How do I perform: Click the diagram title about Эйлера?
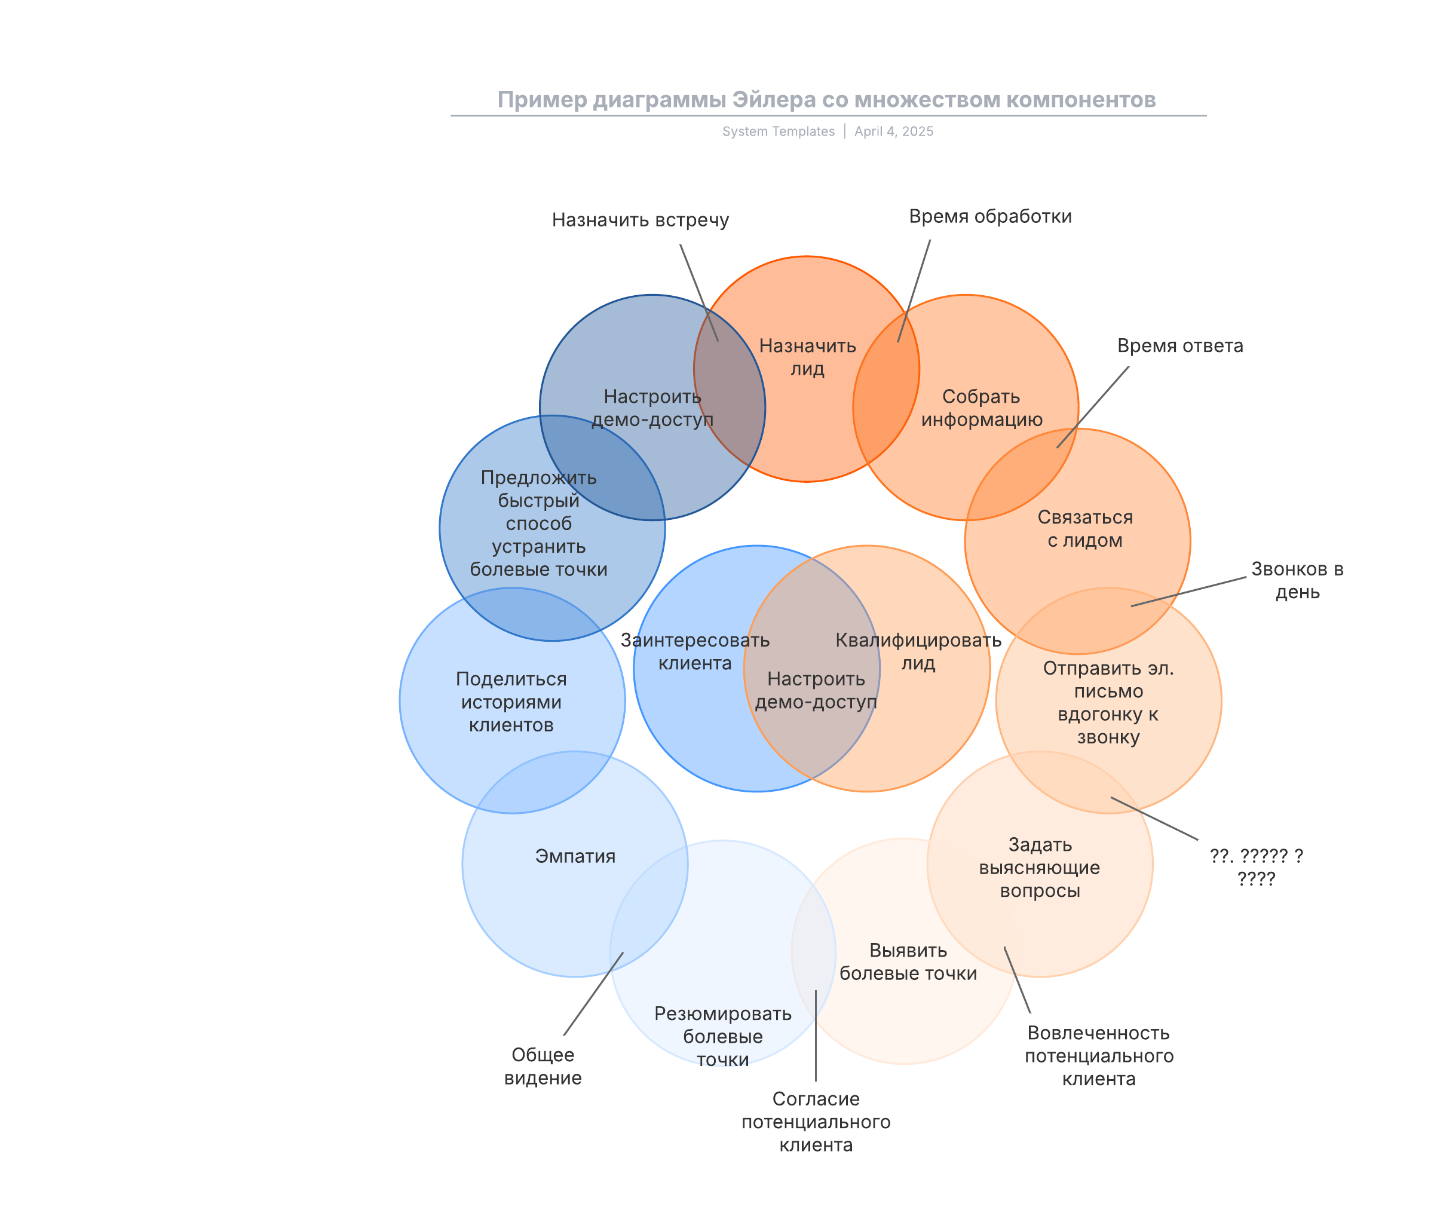pyautogui.click(x=826, y=100)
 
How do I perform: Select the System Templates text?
pyautogui.click(x=779, y=131)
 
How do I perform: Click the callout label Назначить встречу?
pyautogui.click(x=640, y=220)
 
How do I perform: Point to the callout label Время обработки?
pyautogui.click(x=990, y=216)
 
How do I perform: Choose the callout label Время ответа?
pyautogui.click(x=1179, y=346)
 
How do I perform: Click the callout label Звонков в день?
pyautogui.click(x=1297, y=580)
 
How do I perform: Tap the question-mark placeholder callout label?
pyautogui.click(x=1256, y=867)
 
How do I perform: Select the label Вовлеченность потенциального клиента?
pyautogui.click(x=1099, y=1055)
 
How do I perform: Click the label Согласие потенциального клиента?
pyautogui.click(x=816, y=1122)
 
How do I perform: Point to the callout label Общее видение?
pyautogui.click(x=543, y=1066)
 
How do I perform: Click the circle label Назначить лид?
pyautogui.click(x=807, y=357)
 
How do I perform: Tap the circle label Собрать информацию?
pyautogui.click(x=981, y=408)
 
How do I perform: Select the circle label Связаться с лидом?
pyautogui.click(x=1085, y=529)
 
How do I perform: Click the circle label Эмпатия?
pyautogui.click(x=575, y=856)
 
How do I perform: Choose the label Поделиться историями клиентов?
pyautogui.click(x=511, y=702)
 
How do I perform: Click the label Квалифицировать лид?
pyautogui.click(x=918, y=651)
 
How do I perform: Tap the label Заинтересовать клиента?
pyautogui.click(x=694, y=651)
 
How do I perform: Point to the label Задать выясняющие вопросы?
pyautogui.click(x=1040, y=867)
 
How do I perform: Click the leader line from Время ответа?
pyautogui.click(x=1093, y=408)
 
